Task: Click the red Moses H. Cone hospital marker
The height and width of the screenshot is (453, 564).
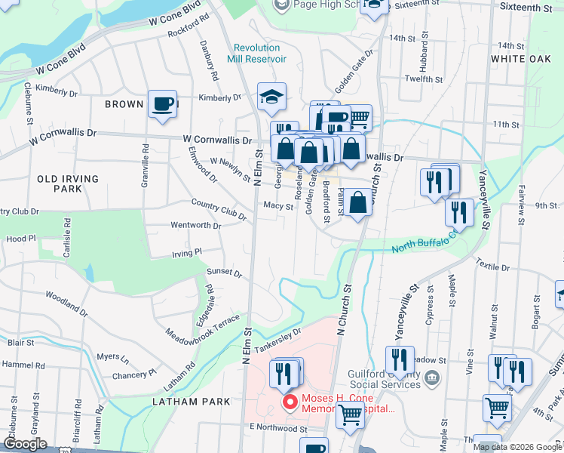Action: pyautogui.click(x=288, y=401)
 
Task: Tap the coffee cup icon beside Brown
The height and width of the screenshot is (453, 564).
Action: pyautogui.click(x=162, y=104)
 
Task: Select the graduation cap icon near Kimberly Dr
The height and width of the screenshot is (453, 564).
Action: pyautogui.click(x=271, y=96)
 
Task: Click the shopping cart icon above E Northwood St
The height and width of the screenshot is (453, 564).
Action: pyautogui.click(x=350, y=414)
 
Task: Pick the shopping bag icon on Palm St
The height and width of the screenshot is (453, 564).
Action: pyautogui.click(x=359, y=202)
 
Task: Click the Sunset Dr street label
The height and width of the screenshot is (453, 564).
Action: pyautogui.click(x=224, y=273)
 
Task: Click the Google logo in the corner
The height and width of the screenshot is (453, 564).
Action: pyautogui.click(x=25, y=444)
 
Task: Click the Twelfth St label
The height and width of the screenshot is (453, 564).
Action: pyautogui.click(x=423, y=79)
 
